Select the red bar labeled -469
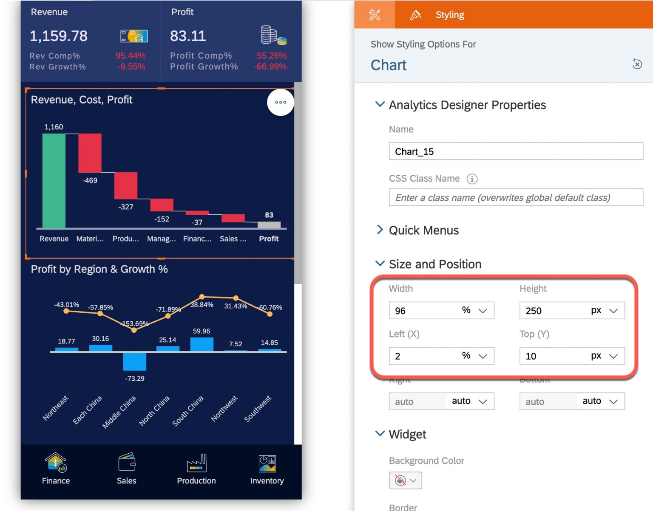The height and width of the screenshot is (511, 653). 90,153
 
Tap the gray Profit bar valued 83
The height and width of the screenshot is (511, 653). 269,225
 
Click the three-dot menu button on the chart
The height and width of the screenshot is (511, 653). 280,102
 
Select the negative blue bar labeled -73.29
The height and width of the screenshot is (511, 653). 134,361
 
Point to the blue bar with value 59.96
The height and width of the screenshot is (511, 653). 202,344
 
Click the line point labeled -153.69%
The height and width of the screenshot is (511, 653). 134,330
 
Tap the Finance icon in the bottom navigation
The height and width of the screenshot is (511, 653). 56,463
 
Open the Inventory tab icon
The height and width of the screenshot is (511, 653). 267,463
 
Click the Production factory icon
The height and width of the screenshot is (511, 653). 196,463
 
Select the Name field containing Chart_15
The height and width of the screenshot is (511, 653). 515,152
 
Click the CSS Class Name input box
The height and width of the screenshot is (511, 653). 515,197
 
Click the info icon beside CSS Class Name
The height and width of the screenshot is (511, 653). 472,179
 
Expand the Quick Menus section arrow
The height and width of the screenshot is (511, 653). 380,230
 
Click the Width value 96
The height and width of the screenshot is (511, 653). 423,311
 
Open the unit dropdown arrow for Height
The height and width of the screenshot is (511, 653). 613,311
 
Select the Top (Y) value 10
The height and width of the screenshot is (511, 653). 553,356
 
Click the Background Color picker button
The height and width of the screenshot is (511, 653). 405,480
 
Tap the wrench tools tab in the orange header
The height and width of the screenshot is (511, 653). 375,15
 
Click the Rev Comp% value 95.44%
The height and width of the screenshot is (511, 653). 131,56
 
